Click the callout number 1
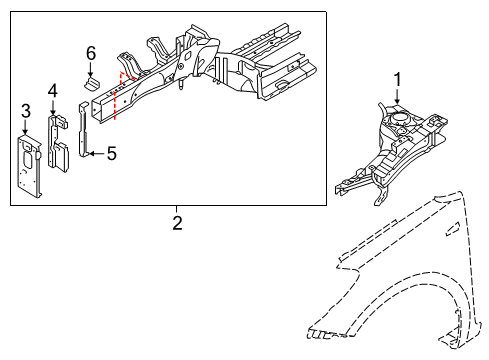[x=396, y=80]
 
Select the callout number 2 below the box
[x=178, y=224]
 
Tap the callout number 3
[x=26, y=110]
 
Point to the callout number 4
[x=53, y=92]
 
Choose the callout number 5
[x=111, y=154]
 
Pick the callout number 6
[x=90, y=52]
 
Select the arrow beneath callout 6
[x=90, y=68]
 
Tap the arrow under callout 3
[x=26, y=126]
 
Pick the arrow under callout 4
[x=53, y=108]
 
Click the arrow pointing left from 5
[x=95, y=154]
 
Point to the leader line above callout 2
[x=178, y=210]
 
